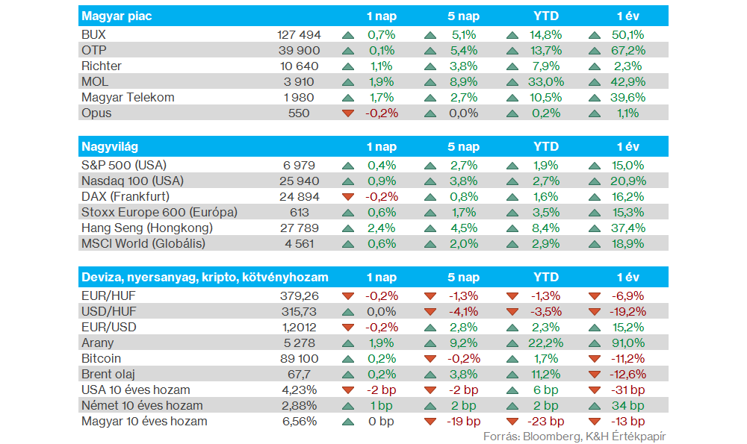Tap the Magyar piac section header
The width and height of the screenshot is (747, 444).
point(117,16)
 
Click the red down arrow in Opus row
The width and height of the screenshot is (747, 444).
point(347,113)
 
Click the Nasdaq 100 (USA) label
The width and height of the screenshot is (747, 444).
point(132,181)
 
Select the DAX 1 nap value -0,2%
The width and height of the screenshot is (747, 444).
point(381,197)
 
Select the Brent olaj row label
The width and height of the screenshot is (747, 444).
point(108,374)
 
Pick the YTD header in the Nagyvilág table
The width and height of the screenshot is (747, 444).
point(545,147)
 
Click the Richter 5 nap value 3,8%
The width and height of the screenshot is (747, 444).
point(464,66)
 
